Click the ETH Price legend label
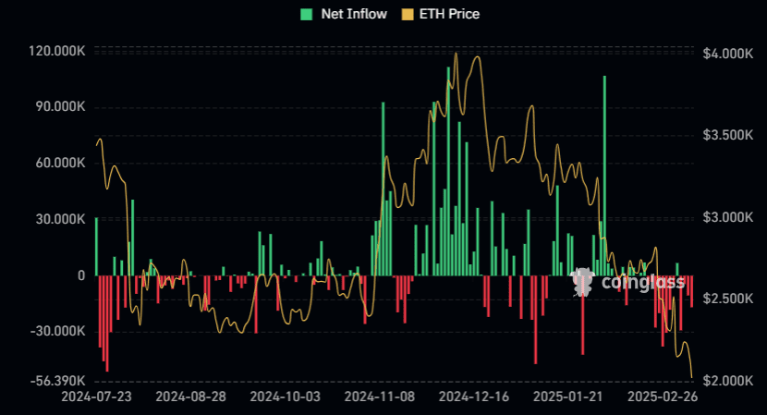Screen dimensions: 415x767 (x=448, y=14)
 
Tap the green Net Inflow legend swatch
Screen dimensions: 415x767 (x=306, y=14)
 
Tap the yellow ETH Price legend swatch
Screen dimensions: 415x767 (x=407, y=14)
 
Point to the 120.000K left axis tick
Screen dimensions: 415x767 (x=57, y=53)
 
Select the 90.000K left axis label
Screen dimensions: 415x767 (x=60, y=107)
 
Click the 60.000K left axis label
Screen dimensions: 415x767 (x=60, y=164)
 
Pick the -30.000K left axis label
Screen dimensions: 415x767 (x=58, y=331)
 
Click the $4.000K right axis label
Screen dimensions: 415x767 (x=727, y=55)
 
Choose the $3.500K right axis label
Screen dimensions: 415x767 (x=727, y=136)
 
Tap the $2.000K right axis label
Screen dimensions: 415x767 (x=727, y=381)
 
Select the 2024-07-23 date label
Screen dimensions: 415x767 (x=97, y=397)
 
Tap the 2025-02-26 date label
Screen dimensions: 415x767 (x=662, y=397)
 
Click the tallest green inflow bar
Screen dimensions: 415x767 (x=604, y=176)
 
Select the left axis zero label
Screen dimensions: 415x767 (x=81, y=275)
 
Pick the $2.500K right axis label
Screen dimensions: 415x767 (x=727, y=299)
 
